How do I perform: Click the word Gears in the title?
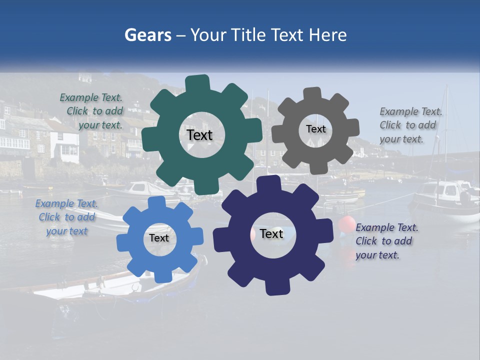tap(147, 35)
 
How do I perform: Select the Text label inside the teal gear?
tap(199, 135)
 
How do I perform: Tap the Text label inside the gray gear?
tap(315, 129)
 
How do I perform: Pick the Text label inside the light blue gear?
tap(159, 238)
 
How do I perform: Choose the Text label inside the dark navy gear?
tap(271, 234)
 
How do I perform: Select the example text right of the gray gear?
tap(410, 125)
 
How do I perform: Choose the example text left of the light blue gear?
tap(67, 217)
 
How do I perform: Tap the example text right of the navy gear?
tap(386, 241)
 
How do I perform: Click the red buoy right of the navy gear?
tap(346, 224)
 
